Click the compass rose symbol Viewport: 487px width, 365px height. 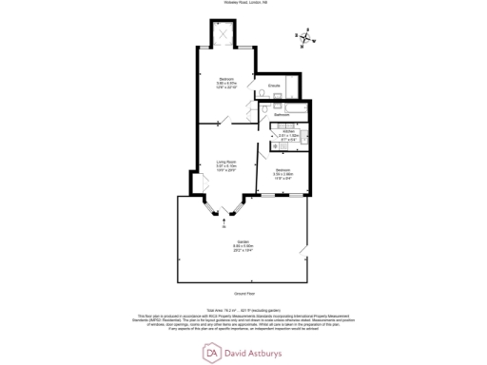coord(304,39)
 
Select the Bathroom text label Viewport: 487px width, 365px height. coord(282,114)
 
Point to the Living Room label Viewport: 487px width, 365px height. coord(226,163)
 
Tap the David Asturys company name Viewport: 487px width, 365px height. coord(257,352)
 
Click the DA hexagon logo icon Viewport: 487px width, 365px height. coord(211,352)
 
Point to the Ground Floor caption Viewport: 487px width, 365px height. coord(243,295)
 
